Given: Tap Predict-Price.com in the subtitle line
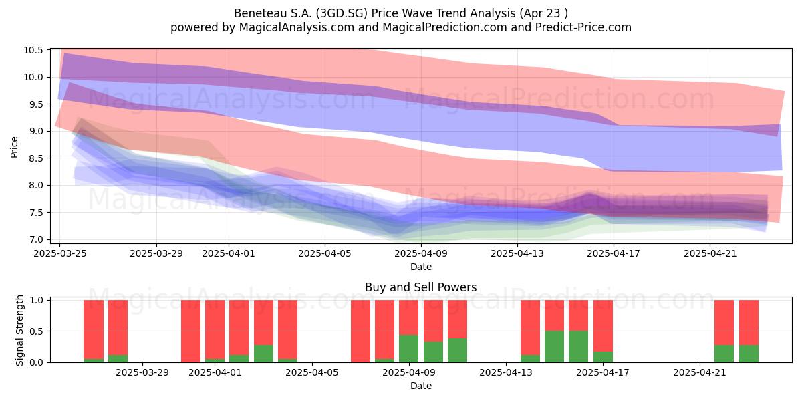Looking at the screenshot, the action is (x=583, y=27).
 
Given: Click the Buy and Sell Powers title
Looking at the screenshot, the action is (x=420, y=287).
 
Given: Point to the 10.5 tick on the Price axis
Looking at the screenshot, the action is (x=33, y=51).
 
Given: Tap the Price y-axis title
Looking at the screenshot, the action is (x=14, y=147).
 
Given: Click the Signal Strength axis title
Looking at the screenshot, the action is (x=19, y=330).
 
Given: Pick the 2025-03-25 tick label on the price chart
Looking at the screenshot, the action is (x=59, y=253).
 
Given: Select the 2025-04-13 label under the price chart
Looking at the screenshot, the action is (x=517, y=253).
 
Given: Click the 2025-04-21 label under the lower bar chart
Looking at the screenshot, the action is (x=700, y=372).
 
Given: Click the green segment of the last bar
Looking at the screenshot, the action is (x=749, y=354).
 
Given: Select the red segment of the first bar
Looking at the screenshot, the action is (x=94, y=329).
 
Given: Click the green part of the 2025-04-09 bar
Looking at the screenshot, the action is (x=408, y=348).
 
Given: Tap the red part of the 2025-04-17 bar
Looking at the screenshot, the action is (x=603, y=326).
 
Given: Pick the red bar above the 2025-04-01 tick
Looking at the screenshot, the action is (x=215, y=329).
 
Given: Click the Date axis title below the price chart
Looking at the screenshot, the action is (x=420, y=267).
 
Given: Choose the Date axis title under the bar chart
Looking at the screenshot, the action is (x=420, y=386).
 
